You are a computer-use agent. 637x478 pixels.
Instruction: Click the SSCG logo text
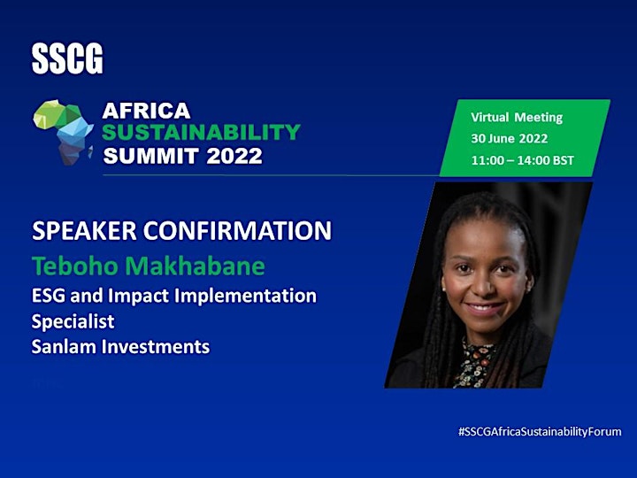click(67, 59)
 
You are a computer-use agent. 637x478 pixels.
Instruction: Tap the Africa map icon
click(64, 132)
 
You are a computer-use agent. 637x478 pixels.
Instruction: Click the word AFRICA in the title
click(146, 111)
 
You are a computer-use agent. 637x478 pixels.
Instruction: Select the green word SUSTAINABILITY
click(201, 132)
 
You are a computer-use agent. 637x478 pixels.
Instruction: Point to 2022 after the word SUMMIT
click(234, 156)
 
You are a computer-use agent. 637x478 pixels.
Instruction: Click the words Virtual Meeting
click(517, 118)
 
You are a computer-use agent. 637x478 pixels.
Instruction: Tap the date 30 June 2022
click(510, 139)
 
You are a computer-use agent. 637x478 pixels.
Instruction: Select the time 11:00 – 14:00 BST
click(523, 160)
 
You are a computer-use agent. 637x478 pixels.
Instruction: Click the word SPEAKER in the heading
click(84, 230)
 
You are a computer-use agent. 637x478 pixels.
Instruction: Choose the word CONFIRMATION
click(237, 230)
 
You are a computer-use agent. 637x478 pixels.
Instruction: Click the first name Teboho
click(74, 266)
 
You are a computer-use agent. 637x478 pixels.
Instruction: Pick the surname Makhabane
click(195, 266)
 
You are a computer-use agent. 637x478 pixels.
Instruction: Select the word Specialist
click(73, 321)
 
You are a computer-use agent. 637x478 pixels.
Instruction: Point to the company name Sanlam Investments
click(120, 347)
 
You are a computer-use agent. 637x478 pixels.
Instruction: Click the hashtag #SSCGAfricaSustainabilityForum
click(540, 432)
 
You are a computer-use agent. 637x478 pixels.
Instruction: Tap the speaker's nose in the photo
click(483, 285)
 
